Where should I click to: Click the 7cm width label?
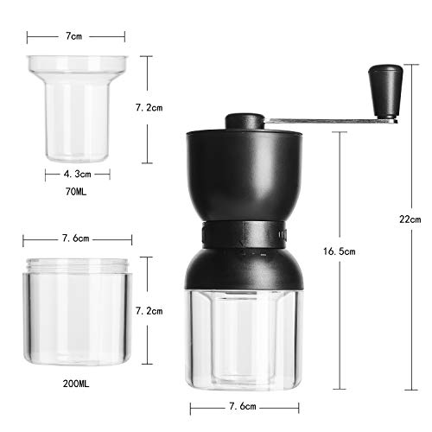(x=73, y=36)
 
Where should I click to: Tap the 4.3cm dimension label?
(x=77, y=174)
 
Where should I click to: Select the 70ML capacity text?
(x=76, y=192)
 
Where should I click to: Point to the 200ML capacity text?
(x=76, y=384)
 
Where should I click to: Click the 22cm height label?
(x=410, y=219)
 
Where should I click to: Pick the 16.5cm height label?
(x=340, y=251)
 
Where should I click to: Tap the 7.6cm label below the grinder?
(x=243, y=406)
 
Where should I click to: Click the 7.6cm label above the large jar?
(x=76, y=238)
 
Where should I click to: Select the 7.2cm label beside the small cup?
(x=149, y=108)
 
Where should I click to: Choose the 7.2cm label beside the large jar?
(x=149, y=311)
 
